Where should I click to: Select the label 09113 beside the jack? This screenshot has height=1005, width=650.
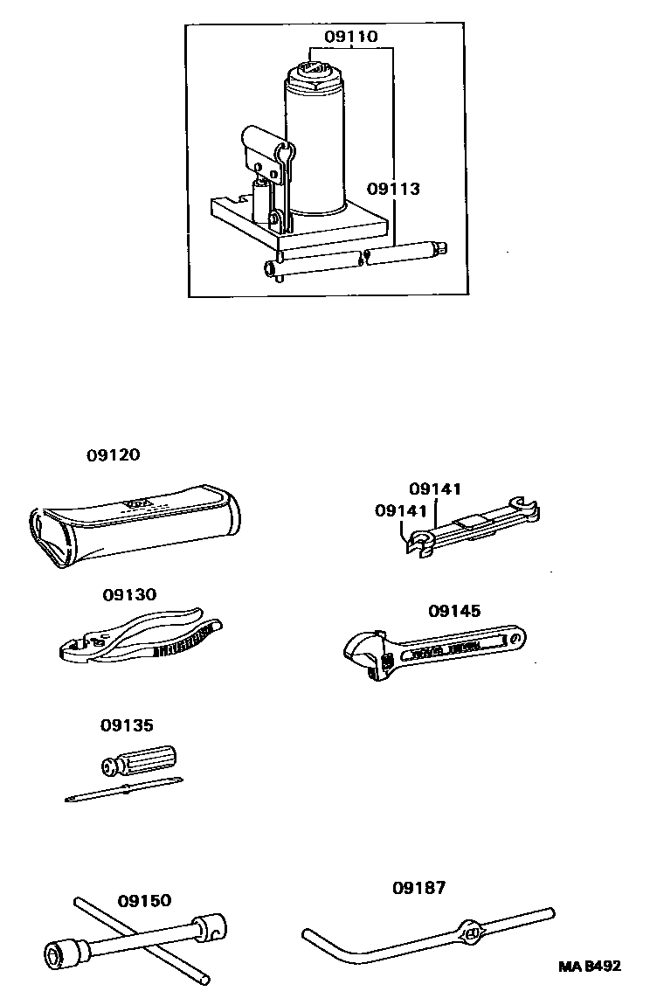pos(393,189)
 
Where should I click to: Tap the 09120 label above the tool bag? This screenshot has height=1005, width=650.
pos(113,455)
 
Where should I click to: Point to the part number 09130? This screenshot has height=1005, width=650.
pos(129,594)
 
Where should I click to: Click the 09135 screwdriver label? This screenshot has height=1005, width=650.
pos(127,724)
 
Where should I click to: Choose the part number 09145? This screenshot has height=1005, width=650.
pos(454,611)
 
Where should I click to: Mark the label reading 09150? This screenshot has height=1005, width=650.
pos(144,900)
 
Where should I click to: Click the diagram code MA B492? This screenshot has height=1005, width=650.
pos(590,967)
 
